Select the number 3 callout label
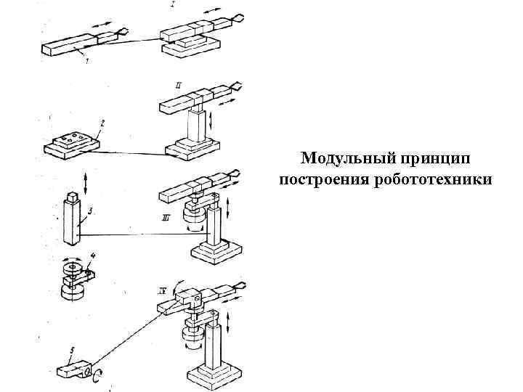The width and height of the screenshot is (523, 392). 89,211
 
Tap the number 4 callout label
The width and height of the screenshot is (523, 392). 92,256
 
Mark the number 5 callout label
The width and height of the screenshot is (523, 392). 71,350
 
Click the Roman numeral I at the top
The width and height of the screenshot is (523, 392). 172,6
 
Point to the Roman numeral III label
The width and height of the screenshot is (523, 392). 168,216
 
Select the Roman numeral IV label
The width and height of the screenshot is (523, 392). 162,290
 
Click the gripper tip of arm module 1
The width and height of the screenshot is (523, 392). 123,30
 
